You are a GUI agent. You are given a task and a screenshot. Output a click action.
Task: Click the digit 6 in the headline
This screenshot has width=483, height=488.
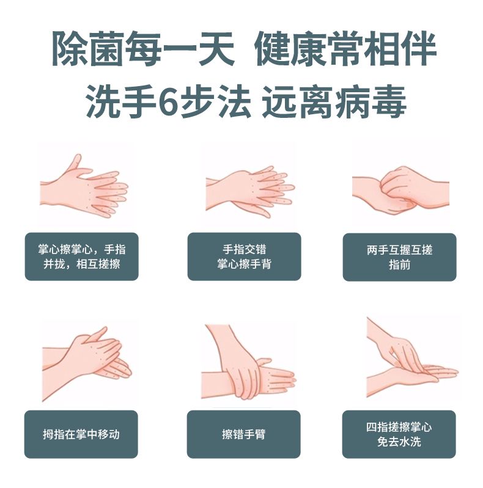(x=168, y=101)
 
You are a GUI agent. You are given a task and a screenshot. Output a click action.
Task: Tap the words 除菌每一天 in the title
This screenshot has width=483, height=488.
(x=143, y=48)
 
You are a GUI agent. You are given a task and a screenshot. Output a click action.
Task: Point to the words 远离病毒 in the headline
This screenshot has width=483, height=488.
(x=334, y=101)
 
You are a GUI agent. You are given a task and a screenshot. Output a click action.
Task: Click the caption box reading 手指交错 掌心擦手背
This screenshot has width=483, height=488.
(x=245, y=257)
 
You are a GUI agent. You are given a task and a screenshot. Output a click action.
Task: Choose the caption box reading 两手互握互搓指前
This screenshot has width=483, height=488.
(x=399, y=257)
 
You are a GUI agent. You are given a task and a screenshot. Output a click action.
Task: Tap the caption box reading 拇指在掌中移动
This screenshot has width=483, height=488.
(x=81, y=434)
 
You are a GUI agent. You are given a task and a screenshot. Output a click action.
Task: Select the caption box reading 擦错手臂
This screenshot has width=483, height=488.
(x=244, y=434)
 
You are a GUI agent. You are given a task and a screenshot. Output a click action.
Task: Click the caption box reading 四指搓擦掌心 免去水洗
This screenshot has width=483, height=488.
(x=399, y=434)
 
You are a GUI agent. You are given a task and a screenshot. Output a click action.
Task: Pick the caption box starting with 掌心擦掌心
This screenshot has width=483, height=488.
(x=82, y=257)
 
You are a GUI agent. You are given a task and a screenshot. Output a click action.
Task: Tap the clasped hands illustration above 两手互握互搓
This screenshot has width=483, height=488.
(x=400, y=191)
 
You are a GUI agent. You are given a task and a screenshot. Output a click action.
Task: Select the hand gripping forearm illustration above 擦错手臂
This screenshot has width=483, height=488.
(x=249, y=362)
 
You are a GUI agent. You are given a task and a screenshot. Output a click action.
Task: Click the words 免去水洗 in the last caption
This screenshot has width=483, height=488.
(x=399, y=442)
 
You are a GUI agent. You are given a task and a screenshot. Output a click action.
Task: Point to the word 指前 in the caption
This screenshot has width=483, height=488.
(x=399, y=265)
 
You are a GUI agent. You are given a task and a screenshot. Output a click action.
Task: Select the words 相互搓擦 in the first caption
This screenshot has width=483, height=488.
(x=98, y=264)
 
